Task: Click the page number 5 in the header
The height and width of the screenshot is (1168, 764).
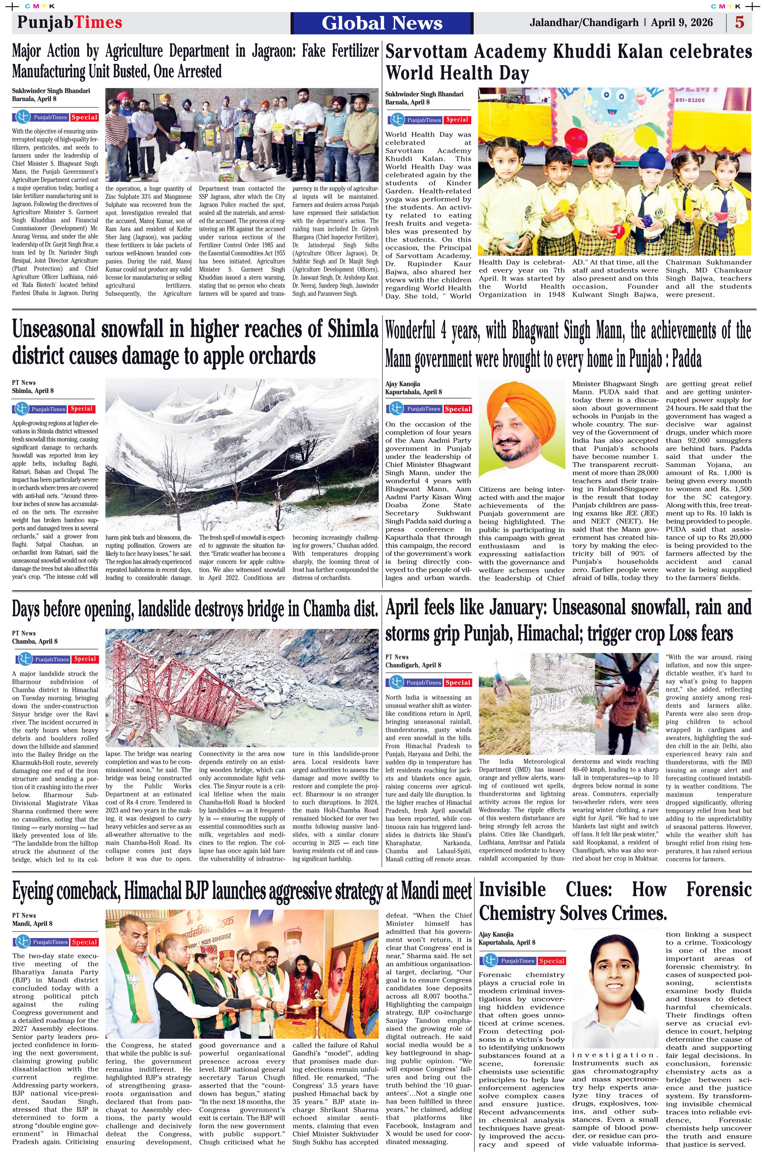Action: tap(739, 23)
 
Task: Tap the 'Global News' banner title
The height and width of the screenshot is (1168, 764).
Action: tap(382, 23)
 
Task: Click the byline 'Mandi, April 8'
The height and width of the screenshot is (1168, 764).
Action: tap(32, 924)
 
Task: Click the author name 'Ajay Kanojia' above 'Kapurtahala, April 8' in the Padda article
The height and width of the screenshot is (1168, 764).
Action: tap(403, 384)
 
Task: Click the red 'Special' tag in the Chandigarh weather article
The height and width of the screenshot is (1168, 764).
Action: tap(458, 683)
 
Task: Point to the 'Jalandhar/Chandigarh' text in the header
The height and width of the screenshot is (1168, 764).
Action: tap(584, 23)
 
